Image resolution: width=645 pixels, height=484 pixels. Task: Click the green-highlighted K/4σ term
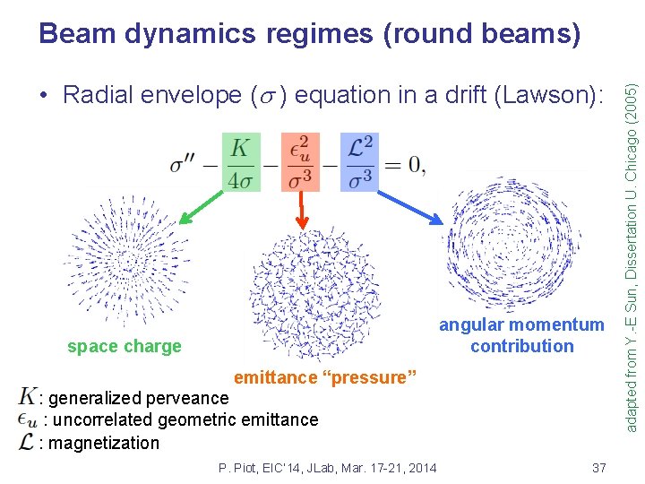click(x=239, y=161)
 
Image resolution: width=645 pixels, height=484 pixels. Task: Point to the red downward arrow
click(x=303, y=210)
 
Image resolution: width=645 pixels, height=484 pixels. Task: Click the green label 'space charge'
click(x=124, y=346)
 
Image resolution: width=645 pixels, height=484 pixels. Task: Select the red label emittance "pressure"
click(x=325, y=377)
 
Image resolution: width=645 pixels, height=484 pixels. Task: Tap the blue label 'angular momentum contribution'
click(x=521, y=335)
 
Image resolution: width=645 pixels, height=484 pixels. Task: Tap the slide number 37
click(x=599, y=468)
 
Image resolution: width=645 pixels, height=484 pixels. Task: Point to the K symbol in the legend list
click(x=27, y=397)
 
